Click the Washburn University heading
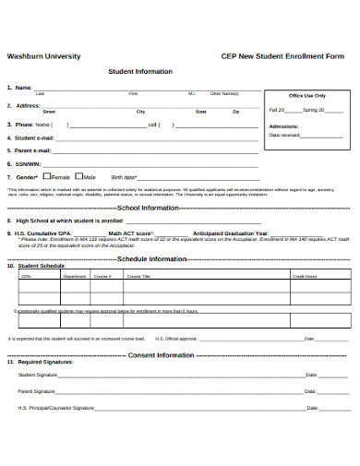point(43,56)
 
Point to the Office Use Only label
point(306,95)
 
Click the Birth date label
point(124,176)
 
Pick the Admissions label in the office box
point(283,125)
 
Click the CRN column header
point(26,276)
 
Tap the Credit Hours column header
point(305,276)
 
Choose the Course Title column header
point(138,276)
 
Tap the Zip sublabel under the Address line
point(236,112)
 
